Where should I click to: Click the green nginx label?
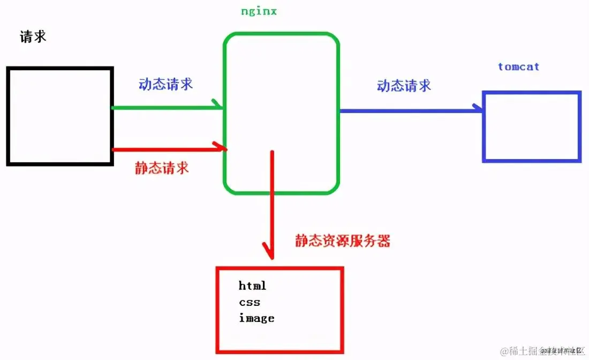pos(259,11)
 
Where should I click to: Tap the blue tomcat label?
pos(518,67)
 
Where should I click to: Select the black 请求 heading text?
pos(33,36)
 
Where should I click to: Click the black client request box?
pos(59,116)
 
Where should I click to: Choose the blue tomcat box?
pos(531,127)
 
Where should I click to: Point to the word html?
pos(252,286)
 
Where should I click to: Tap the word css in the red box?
pos(250,302)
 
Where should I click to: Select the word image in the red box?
pos(256,318)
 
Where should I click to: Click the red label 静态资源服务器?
pos(343,241)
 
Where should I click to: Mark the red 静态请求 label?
pos(162,168)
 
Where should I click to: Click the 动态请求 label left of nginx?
pos(165,84)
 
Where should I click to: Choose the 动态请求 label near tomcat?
pos(404,86)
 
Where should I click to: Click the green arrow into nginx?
pos(166,108)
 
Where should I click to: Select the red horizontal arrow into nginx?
pos(166,149)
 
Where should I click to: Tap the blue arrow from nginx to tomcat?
pos(410,110)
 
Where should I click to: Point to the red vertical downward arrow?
pos(273,204)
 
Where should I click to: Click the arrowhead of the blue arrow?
pos(479,109)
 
